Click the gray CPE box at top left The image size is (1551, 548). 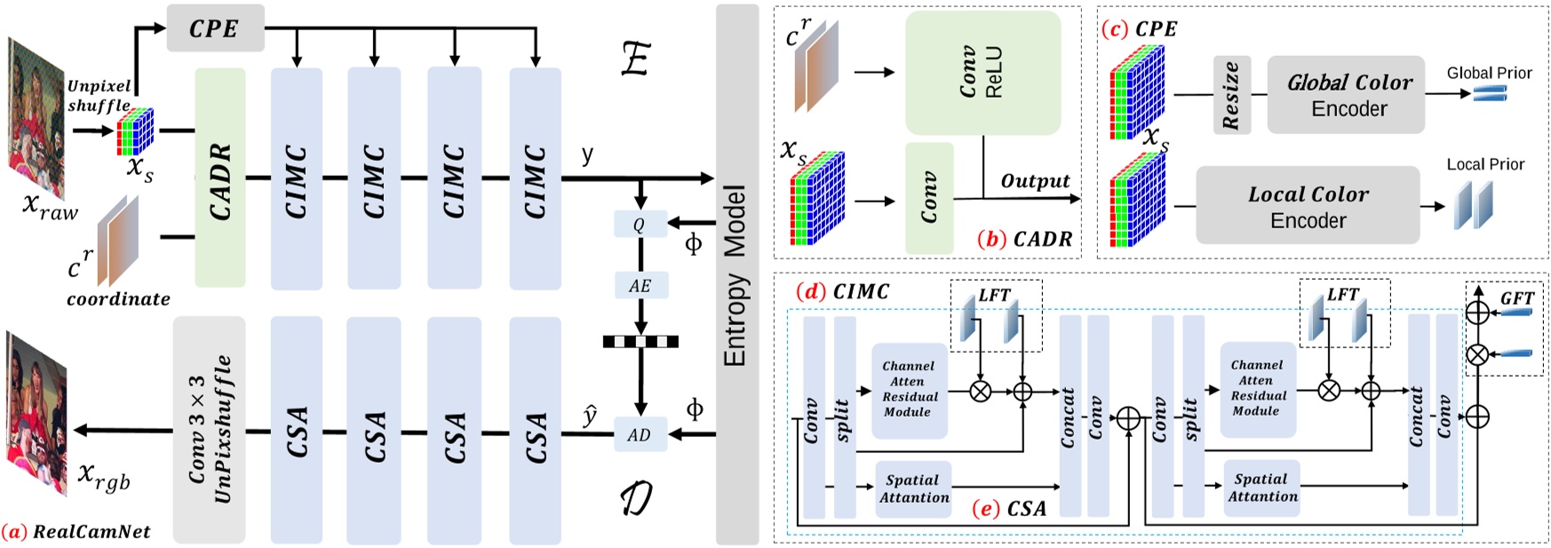click(x=215, y=28)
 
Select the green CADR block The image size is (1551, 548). click(x=220, y=179)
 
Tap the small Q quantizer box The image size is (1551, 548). click(x=640, y=225)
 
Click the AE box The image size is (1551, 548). click(x=640, y=286)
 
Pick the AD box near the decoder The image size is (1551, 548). click(x=640, y=435)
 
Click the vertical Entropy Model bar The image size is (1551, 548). click(x=736, y=275)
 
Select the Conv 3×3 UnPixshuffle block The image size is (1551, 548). click(x=209, y=430)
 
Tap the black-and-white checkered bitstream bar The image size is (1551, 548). click(x=640, y=342)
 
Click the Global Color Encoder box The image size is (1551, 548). click(x=1348, y=95)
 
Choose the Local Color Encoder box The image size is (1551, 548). click(x=1308, y=206)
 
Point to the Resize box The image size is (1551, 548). click(x=1231, y=96)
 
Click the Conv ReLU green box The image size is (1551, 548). click(x=982, y=73)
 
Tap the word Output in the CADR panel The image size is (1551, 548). click(x=1035, y=181)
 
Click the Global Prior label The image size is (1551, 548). click(x=1489, y=73)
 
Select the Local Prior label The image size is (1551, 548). click(x=1485, y=164)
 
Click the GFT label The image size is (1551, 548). click(x=1516, y=298)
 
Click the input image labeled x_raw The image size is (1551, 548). click(x=36, y=115)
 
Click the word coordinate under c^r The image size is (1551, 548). click(x=118, y=299)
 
